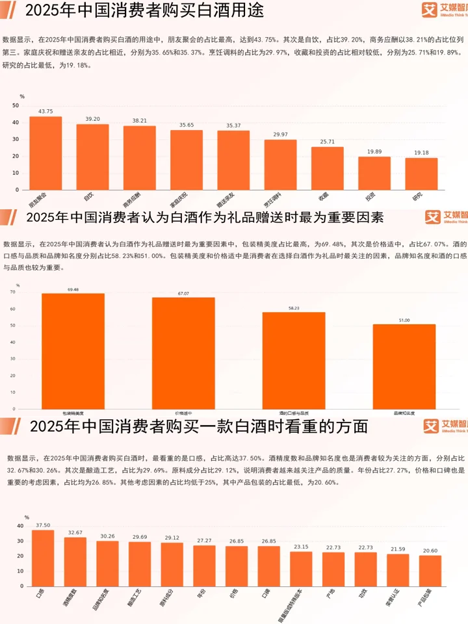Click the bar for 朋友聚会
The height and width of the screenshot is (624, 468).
pyautogui.click(x=45, y=153)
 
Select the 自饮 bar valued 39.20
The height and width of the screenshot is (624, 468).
pyautogui.click(x=92, y=157)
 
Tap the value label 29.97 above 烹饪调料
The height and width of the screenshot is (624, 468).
pyautogui.click(x=281, y=134)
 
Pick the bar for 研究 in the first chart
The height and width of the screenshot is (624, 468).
pyautogui.click(x=421, y=174)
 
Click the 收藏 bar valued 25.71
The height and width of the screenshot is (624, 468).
pyautogui.click(x=328, y=168)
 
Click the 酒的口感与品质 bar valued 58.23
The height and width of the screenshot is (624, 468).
pyautogui.click(x=294, y=360)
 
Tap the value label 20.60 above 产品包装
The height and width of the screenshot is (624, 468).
pyautogui.click(x=430, y=551)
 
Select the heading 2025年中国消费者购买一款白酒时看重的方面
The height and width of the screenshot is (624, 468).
pyautogui.click(x=199, y=426)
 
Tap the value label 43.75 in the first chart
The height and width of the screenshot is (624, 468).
pyautogui.click(x=45, y=112)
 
